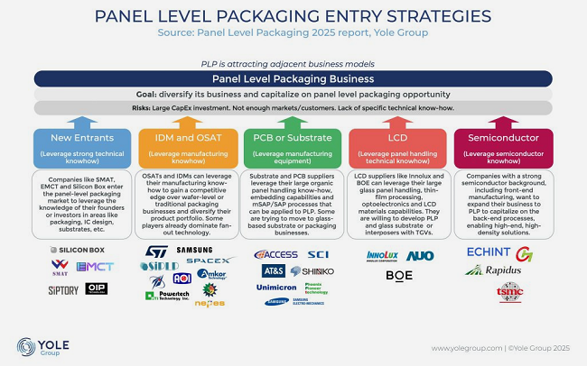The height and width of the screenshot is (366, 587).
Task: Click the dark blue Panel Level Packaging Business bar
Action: click(x=293, y=78)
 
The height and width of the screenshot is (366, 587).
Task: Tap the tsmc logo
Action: click(x=509, y=291)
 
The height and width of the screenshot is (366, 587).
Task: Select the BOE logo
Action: click(x=398, y=275)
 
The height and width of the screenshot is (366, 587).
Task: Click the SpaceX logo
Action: click(x=209, y=261)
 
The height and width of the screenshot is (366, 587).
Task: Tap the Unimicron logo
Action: click(x=275, y=288)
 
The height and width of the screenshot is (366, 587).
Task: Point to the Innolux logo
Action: click(x=382, y=255)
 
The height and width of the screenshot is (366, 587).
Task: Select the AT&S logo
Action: click(x=273, y=270)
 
